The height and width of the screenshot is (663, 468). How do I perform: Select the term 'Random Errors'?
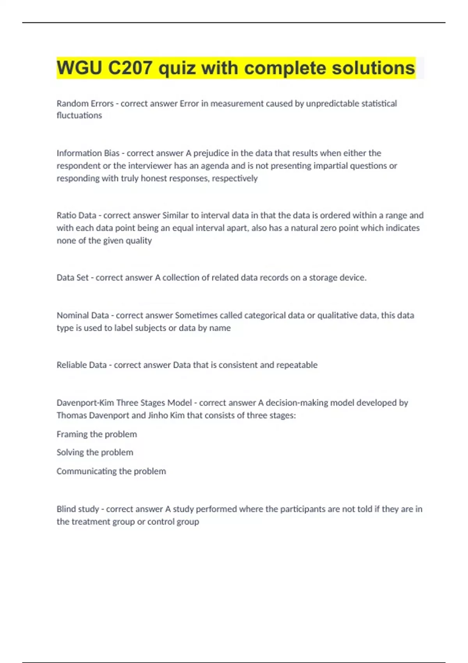coord(85,103)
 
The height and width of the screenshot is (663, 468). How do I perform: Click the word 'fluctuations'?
coord(79,115)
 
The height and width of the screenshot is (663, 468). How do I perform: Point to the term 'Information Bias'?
coord(88,153)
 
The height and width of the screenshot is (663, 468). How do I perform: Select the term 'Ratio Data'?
coord(76,215)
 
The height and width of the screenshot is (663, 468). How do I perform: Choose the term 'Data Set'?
coord(72,278)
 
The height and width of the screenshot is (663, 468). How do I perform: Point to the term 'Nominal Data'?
coord(82,315)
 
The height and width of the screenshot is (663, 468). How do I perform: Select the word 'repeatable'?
coord(297,365)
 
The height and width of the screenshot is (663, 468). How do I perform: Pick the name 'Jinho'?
coord(158,415)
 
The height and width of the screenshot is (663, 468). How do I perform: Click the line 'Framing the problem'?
coord(97,434)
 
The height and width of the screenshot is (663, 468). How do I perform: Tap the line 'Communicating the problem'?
coord(111,471)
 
